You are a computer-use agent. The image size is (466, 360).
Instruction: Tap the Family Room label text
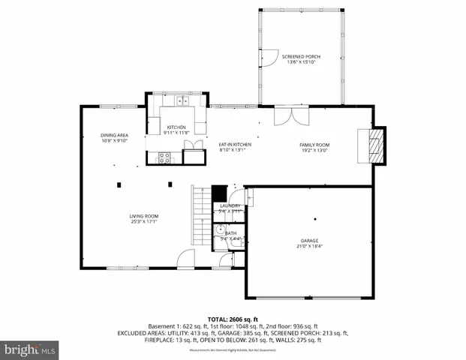[315, 145]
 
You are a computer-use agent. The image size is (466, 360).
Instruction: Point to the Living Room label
[143, 216]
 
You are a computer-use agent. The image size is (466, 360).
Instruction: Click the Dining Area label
[114, 135]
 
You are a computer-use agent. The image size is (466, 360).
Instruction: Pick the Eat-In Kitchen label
[234, 144]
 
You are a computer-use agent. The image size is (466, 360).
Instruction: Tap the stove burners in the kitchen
[164, 157]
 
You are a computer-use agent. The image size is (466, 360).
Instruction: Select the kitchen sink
[182, 100]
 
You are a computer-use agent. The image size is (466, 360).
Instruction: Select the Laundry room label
[230, 205]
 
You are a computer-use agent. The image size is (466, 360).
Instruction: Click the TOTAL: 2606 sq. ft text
[233, 319]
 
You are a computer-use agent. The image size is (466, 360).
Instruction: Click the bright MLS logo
[30, 349]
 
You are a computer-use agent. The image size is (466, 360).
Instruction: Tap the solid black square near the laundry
[219, 193]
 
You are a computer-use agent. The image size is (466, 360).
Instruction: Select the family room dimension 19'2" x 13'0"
[315, 150]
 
